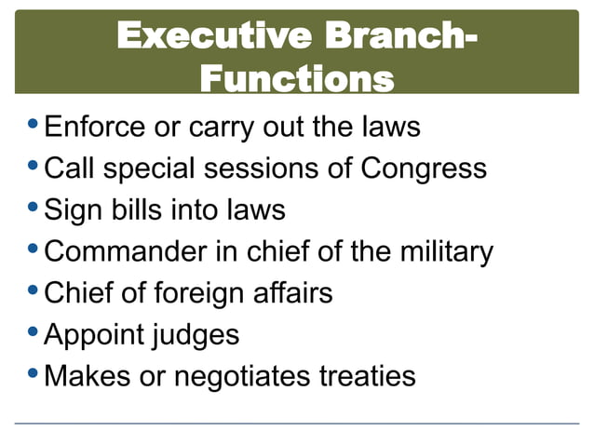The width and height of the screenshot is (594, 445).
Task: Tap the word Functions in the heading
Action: pyautogui.click(x=296, y=77)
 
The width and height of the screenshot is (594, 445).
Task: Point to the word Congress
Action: pyautogui.click(x=424, y=169)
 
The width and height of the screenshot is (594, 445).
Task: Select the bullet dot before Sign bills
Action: pyautogui.click(x=34, y=209)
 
